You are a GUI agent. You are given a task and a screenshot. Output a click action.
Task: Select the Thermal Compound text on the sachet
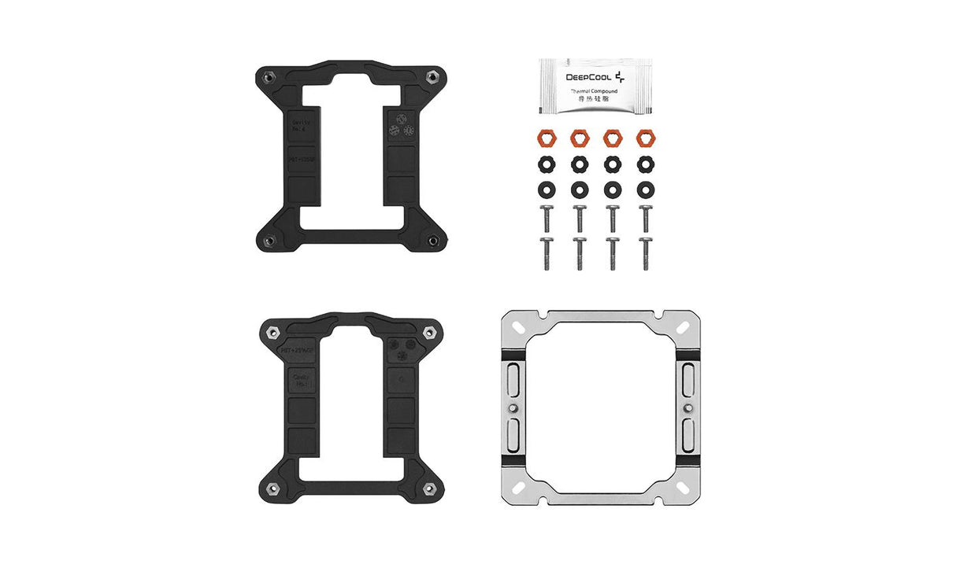coord(594,91)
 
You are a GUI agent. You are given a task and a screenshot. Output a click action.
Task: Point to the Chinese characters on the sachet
coord(594,100)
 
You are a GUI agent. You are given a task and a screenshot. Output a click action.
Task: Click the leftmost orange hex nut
coord(545,137)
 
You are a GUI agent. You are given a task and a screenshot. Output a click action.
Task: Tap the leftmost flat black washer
coord(545,189)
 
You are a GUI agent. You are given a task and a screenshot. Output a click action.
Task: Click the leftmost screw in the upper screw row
coord(545,218)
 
